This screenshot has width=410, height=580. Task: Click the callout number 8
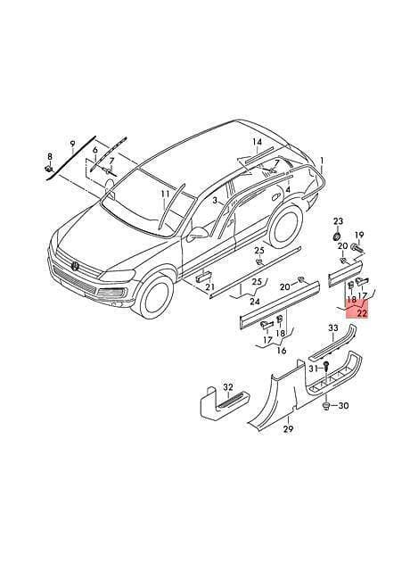[x=50, y=156]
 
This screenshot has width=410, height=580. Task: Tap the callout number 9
[x=72, y=143]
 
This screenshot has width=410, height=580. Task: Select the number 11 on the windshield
[x=165, y=195]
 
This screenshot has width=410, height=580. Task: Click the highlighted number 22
[x=363, y=313]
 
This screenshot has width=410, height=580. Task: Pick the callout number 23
[x=339, y=221]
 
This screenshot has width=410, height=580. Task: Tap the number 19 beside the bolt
[x=359, y=235]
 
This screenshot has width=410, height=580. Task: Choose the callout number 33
[x=333, y=328]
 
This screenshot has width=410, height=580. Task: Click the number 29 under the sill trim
[x=288, y=428]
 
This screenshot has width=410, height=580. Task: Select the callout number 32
[x=228, y=387]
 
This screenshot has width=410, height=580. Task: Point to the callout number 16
[x=282, y=351]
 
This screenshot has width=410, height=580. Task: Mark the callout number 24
[x=255, y=302]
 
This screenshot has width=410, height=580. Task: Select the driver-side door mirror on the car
[x=199, y=234]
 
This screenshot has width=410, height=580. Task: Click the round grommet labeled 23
[x=337, y=236]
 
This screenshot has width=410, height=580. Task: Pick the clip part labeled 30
[x=326, y=406]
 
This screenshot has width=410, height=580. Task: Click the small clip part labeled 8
[x=48, y=169]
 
